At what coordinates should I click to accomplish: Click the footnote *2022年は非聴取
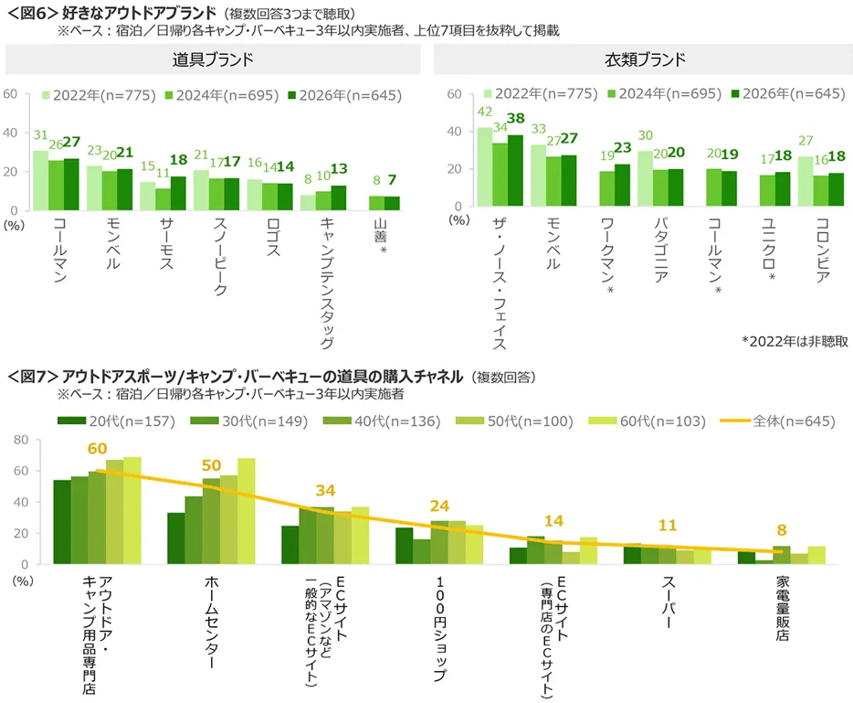click(x=795, y=341)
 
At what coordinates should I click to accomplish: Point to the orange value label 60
click(x=98, y=449)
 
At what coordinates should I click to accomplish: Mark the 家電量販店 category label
click(x=783, y=608)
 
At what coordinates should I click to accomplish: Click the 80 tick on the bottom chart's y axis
click(x=20, y=440)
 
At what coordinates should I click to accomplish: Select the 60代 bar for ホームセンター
click(x=247, y=511)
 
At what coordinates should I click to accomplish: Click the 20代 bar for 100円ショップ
click(x=404, y=546)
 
